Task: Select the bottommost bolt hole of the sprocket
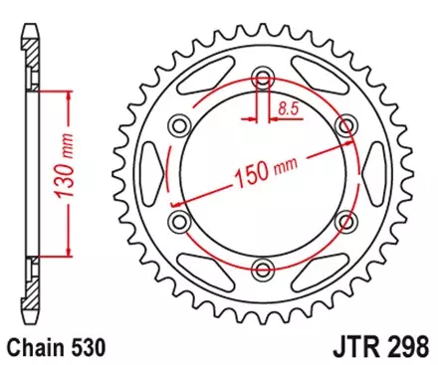click(263, 268)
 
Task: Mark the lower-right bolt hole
click(346, 220)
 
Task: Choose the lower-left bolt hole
click(180, 220)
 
